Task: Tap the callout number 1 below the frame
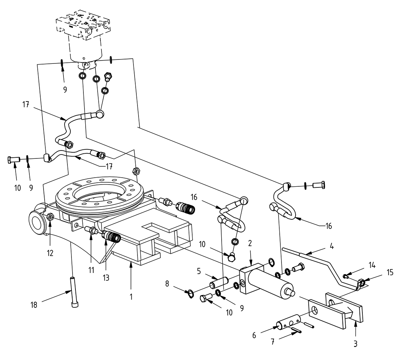(131, 296)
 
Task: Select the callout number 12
(50, 253)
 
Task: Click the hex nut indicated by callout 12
(51, 217)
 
